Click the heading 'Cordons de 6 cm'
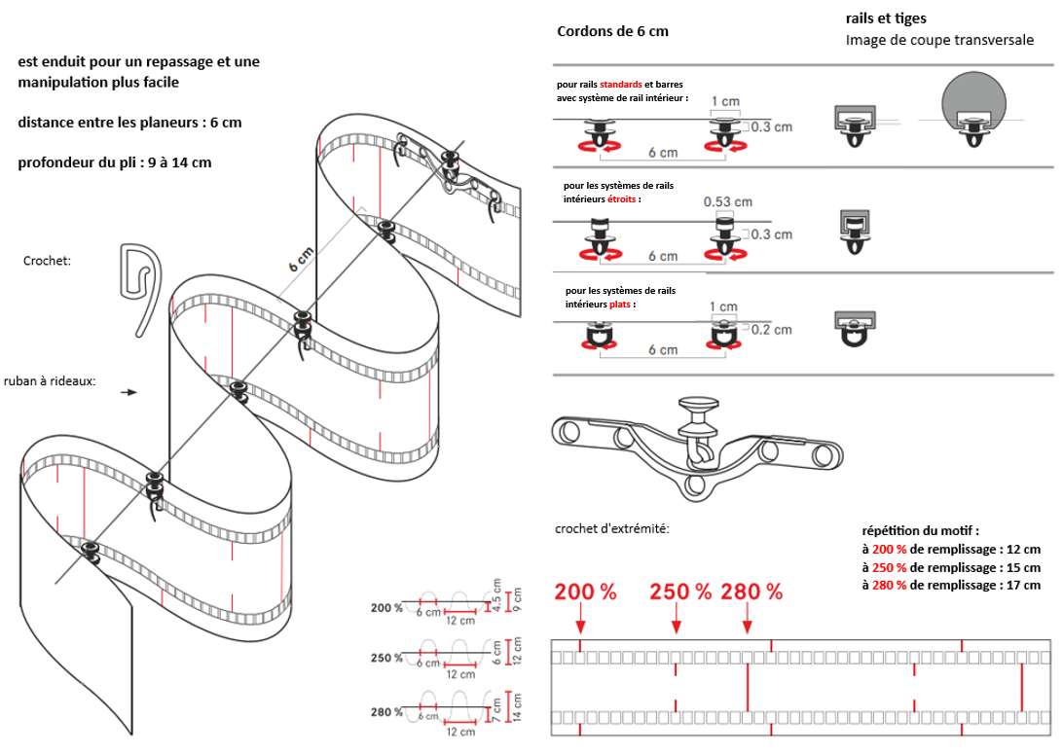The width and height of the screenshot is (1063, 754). [612, 31]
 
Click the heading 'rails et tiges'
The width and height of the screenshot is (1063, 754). [886, 18]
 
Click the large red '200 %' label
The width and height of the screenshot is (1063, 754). [586, 592]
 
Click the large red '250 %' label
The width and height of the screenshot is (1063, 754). [681, 592]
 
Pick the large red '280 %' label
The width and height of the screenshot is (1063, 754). [751, 592]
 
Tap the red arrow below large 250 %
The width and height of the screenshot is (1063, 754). [677, 623]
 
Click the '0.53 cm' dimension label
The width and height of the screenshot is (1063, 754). [727, 202]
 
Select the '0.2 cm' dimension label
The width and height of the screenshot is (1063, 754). [771, 330]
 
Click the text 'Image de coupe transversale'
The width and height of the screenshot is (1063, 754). [939, 40]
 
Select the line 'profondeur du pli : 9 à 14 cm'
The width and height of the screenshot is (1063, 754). [114, 162]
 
